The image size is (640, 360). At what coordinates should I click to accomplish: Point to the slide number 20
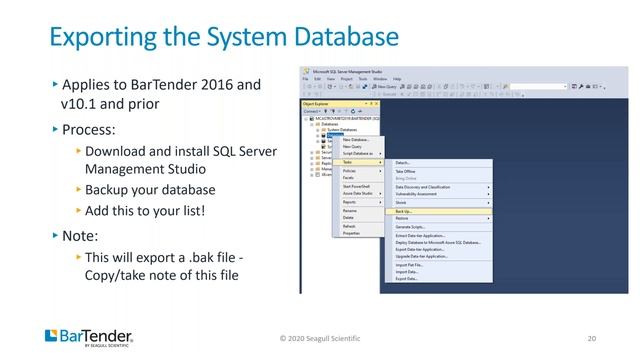coord(593,338)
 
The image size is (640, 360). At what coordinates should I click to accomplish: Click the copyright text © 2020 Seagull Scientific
coord(319,338)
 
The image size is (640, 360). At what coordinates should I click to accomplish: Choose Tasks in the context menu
coord(348,161)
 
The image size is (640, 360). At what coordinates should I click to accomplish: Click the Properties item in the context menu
coord(352,233)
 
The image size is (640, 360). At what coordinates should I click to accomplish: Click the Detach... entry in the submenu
coord(402,161)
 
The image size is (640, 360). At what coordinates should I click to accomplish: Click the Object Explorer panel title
coord(317,103)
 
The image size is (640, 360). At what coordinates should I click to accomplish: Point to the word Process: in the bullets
coord(91,131)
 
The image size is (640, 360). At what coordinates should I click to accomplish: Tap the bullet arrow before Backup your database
coord(79,190)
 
